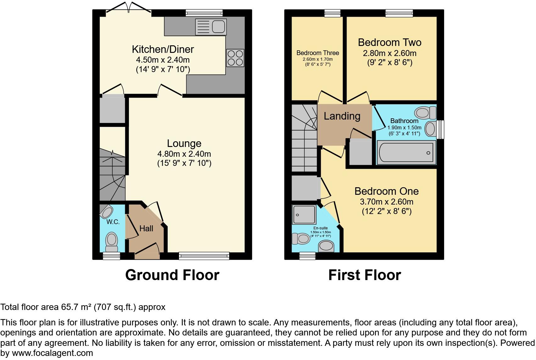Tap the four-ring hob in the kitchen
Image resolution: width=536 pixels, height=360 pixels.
pyautogui.click(x=235, y=58)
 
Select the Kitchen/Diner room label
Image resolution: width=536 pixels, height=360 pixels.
pyautogui.click(x=163, y=49)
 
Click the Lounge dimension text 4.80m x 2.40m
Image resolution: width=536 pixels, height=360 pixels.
pyautogui.click(x=184, y=154)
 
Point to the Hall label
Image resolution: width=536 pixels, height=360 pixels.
pyautogui.click(x=146, y=228)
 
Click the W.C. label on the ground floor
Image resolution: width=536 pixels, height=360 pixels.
pyautogui.click(x=113, y=222)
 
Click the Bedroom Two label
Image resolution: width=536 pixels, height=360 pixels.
pyautogui.click(x=389, y=42)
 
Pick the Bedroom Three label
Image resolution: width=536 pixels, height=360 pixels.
pyautogui.click(x=318, y=53)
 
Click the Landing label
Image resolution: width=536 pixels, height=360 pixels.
pyautogui.click(x=342, y=116)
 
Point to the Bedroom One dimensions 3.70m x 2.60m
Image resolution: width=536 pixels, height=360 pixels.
pyautogui.click(x=386, y=202)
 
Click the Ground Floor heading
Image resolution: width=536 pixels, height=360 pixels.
pyautogui.click(x=172, y=275)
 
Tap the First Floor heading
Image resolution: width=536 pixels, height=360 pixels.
pyautogui.click(x=365, y=275)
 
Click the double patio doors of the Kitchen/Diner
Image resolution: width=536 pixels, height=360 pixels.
pyautogui.click(x=129, y=9)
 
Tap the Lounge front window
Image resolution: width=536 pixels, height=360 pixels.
pyautogui.click(x=204, y=256)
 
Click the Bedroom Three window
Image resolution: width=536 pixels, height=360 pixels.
pyautogui.click(x=332, y=13)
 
